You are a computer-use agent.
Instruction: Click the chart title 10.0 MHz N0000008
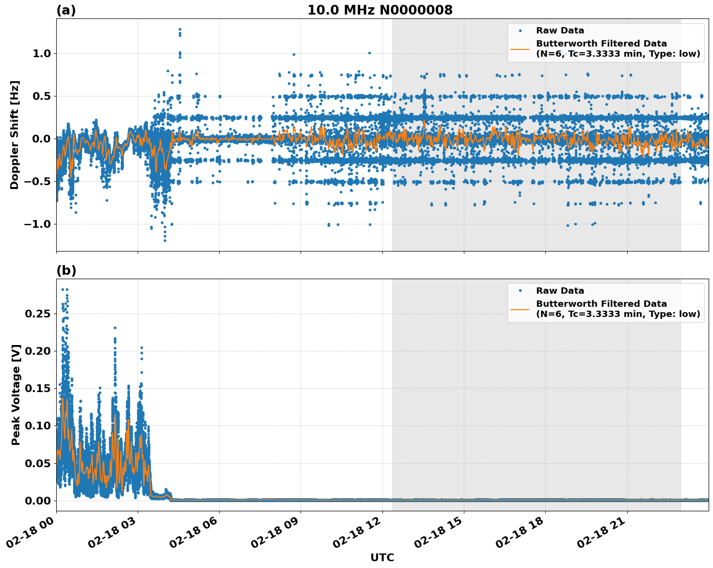coord(380,10)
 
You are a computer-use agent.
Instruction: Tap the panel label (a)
coord(66,10)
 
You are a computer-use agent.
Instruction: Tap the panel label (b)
coord(66,270)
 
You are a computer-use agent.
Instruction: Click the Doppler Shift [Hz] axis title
coord(15,135)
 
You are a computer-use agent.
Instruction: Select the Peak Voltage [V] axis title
coord(16,394)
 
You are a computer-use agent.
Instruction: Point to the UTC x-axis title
coord(382,557)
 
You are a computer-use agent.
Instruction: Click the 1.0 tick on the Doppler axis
coord(42,53)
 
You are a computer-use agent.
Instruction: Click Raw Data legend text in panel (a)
coord(560,31)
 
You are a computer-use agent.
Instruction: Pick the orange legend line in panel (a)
coord(520,49)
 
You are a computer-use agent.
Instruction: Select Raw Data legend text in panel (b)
coord(560,291)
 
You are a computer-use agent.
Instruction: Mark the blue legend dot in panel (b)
coord(520,291)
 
